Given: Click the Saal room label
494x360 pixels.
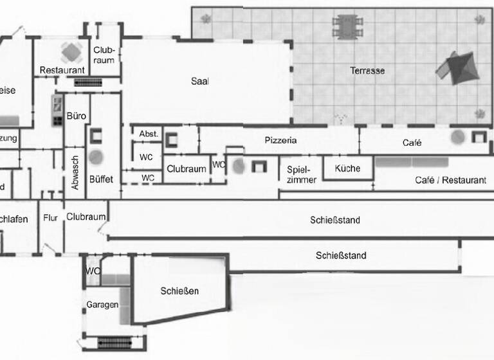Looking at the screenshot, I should (200, 81).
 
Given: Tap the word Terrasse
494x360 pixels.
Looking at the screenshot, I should (367, 70).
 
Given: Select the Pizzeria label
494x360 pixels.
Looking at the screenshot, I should (280, 140).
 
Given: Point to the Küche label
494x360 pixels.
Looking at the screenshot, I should (348, 168).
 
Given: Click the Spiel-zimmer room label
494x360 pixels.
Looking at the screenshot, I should (302, 174).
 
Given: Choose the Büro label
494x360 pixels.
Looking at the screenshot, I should (77, 116).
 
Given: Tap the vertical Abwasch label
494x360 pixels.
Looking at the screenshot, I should (75, 172).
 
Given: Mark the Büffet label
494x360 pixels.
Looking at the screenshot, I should (101, 179).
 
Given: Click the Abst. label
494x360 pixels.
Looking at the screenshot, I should (149, 134).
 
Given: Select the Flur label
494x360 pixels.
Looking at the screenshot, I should (51, 218).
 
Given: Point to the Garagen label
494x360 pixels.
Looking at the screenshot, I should (102, 304).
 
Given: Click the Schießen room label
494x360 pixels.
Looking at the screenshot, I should (179, 291).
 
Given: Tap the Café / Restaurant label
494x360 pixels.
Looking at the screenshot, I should (450, 181).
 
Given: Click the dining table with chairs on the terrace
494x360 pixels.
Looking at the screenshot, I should (347, 28).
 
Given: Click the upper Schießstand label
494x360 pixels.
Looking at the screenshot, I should (335, 220).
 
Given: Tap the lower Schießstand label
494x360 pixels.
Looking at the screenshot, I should (341, 255).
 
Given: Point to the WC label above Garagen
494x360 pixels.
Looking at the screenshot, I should (93, 271).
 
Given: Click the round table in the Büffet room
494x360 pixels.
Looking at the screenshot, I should (96, 156).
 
